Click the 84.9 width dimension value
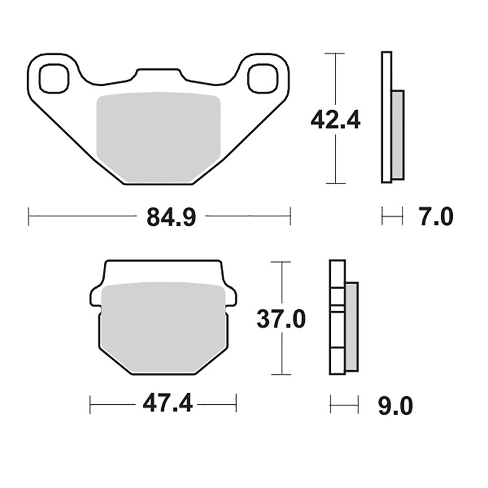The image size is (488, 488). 171,217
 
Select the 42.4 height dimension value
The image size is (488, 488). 335,120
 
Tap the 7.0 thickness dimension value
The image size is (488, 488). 436,217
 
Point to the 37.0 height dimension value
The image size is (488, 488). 281,319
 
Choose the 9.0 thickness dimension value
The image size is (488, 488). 396,406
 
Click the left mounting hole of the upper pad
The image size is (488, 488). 54,79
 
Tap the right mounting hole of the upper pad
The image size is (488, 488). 263,79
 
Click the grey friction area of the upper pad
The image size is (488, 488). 158,137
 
